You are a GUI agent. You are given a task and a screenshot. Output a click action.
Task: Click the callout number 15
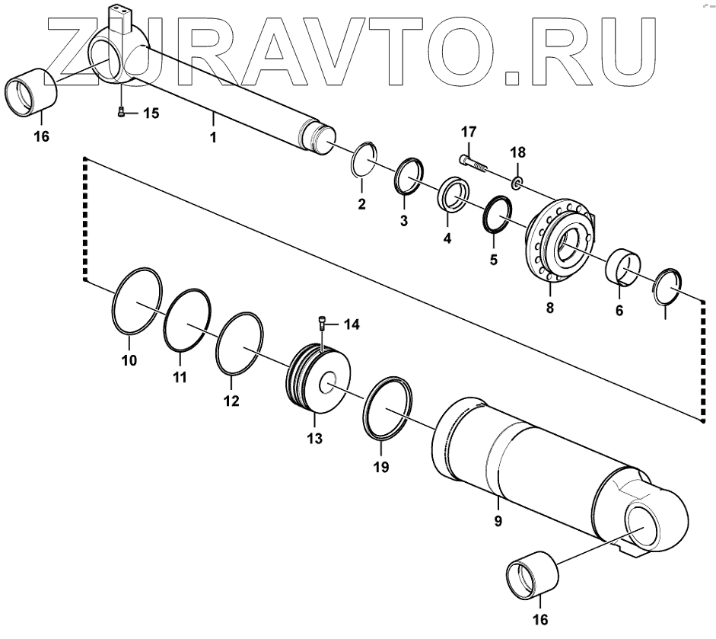tap(151, 113)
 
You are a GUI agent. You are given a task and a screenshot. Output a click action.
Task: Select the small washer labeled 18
tap(517, 182)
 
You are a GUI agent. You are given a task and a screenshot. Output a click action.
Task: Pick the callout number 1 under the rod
tap(213, 138)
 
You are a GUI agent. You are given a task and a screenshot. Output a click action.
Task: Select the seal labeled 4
tap(454, 195)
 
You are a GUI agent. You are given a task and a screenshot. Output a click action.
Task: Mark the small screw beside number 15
tap(122, 113)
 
